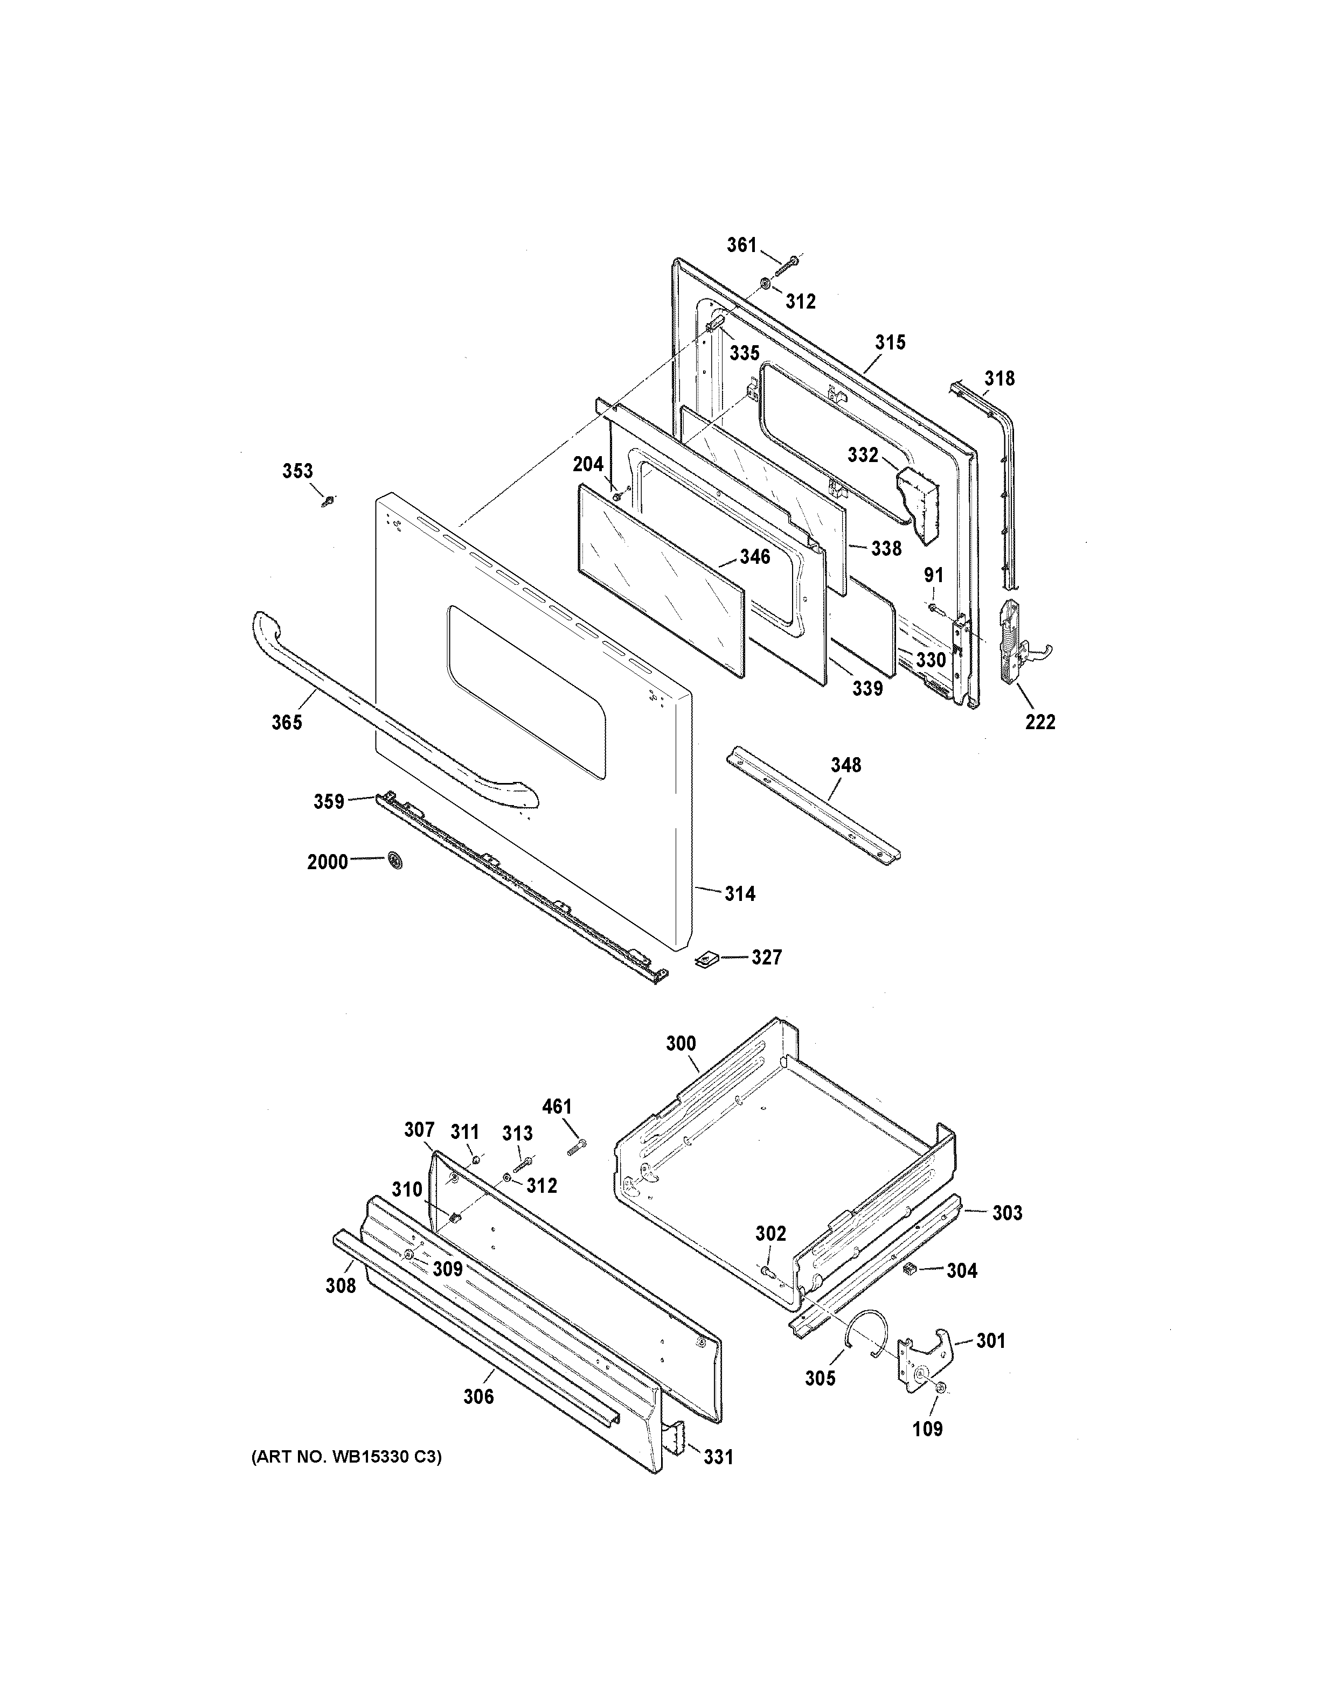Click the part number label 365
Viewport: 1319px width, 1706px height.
[287, 723]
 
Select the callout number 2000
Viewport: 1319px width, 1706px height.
[328, 862]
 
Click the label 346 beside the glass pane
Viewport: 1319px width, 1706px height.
[755, 557]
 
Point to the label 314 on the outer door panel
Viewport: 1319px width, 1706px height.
[739, 893]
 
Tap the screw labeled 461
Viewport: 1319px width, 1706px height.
[576, 1146]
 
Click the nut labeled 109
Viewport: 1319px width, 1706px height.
[940, 1387]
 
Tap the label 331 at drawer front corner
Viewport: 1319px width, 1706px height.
[718, 1456]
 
